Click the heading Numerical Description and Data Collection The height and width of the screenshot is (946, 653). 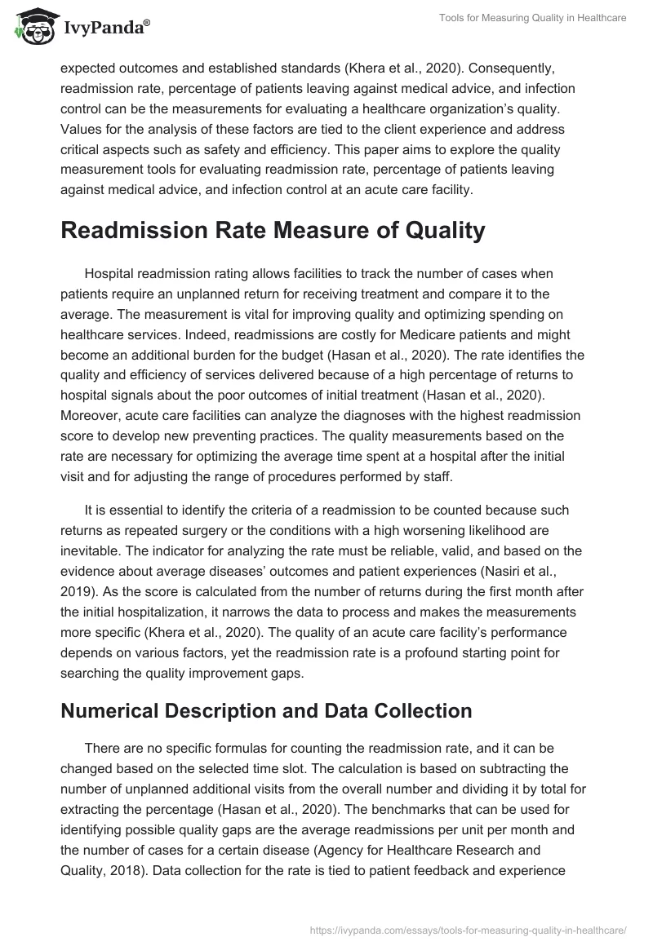266,710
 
